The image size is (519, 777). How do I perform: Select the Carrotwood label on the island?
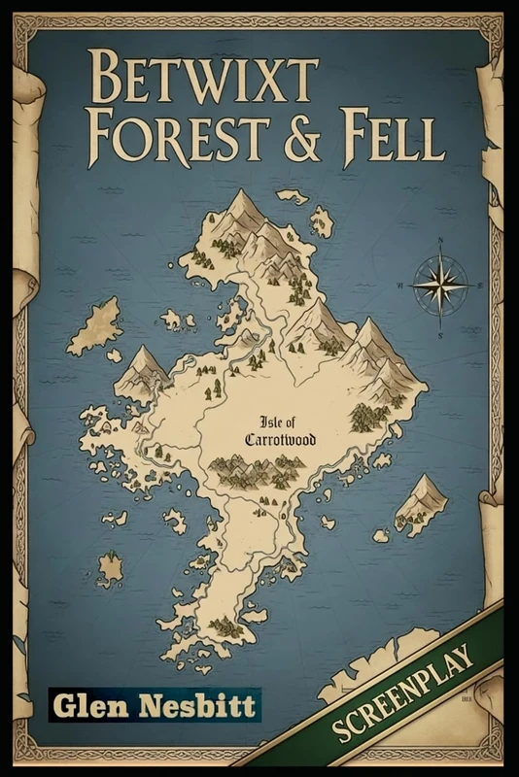coord(281,439)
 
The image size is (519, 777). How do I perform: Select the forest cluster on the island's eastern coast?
coord(368,416)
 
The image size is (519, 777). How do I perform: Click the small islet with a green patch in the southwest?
coord(110,568)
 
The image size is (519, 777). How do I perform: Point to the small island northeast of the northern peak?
coord(320,221)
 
